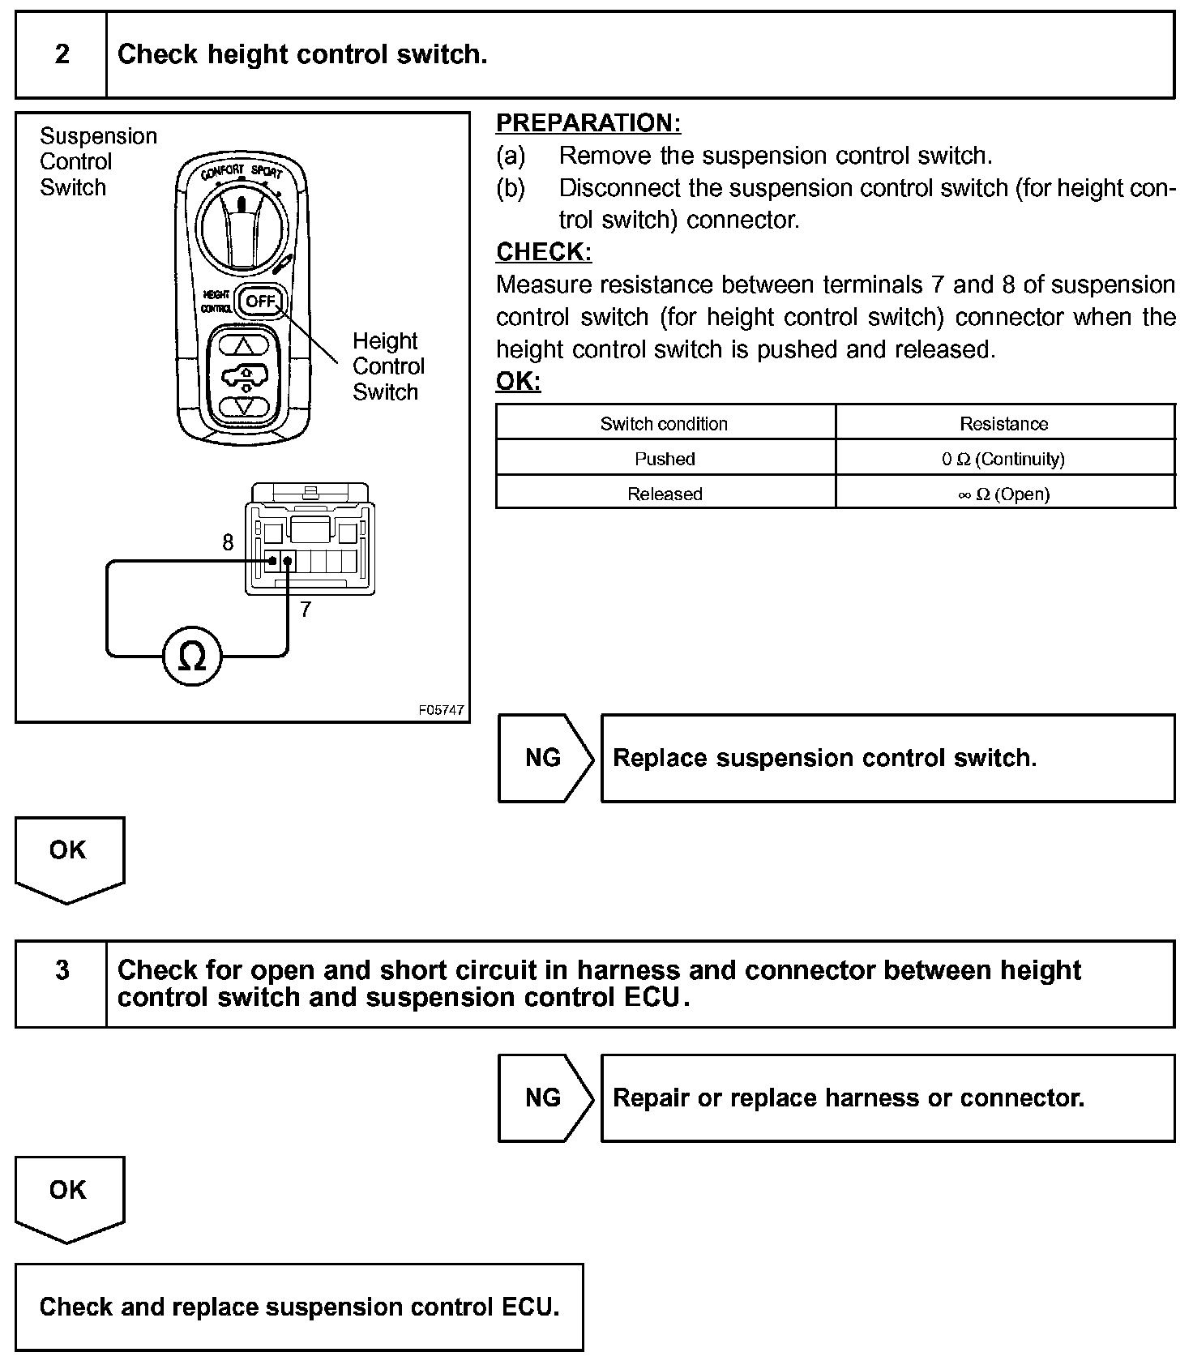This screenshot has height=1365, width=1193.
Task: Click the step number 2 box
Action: [x=62, y=55]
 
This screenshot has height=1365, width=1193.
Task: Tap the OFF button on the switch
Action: [x=262, y=302]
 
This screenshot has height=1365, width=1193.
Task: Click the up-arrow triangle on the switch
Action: [x=244, y=344]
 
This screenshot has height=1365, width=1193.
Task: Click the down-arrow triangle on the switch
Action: [x=244, y=404]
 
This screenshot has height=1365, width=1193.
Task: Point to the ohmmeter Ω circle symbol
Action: [x=192, y=657]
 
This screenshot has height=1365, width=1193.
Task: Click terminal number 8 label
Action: [x=228, y=542]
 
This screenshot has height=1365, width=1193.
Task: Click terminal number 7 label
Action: [x=305, y=610]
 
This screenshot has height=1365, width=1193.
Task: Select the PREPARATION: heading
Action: [x=588, y=123]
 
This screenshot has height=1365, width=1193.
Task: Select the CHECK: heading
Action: [x=544, y=252]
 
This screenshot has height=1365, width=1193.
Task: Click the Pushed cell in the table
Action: [x=665, y=459]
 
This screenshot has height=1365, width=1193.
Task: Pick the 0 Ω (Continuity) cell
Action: [x=1003, y=459]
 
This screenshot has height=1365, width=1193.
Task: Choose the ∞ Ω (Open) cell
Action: [x=1003, y=494]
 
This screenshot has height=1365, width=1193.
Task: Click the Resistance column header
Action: [x=1003, y=423]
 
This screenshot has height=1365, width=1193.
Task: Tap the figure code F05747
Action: [x=442, y=710]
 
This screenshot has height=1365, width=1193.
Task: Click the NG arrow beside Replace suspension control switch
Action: [x=544, y=758]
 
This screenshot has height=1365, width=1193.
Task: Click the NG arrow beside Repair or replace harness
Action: [x=544, y=1098]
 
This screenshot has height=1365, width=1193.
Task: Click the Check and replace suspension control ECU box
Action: [x=299, y=1307]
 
